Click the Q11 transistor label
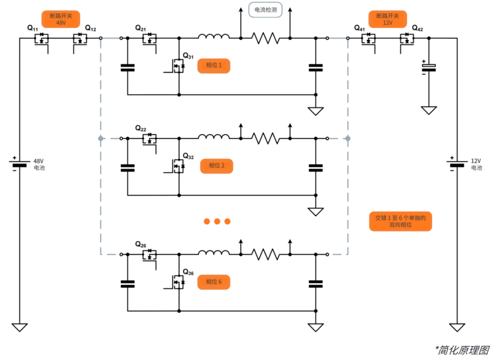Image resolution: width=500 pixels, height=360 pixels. pos(33,29)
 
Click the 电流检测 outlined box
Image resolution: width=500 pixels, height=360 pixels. pos(265,10)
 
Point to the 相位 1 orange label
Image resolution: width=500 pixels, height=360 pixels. pos(213,66)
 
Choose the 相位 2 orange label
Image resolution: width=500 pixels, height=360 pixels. pos(216,166)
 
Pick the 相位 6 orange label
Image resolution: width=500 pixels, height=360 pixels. pos(213,282)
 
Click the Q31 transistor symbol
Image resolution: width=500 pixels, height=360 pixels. pos(177,67)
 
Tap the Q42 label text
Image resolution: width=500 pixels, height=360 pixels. pos(417,29)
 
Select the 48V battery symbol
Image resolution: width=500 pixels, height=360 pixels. pos(19,164)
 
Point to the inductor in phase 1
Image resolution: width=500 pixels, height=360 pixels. pos(213,37)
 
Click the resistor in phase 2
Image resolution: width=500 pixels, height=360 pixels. pos(265,138)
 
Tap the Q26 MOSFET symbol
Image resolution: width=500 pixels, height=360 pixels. pos(149,255)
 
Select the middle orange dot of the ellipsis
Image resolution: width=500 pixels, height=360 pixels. pos(217,221)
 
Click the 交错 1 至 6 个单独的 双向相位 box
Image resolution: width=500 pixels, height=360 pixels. pos(400,221)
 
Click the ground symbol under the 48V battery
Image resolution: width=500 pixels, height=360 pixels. pos(19,327)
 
